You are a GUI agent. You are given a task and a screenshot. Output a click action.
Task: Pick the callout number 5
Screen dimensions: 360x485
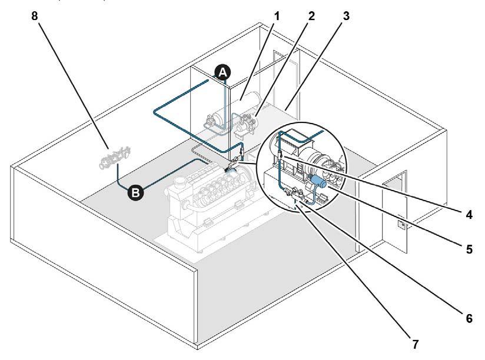click(469, 249)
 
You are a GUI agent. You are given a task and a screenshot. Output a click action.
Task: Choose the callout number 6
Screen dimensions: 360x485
click(469, 318)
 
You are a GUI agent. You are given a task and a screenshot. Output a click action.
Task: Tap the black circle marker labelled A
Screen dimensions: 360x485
click(222, 72)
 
